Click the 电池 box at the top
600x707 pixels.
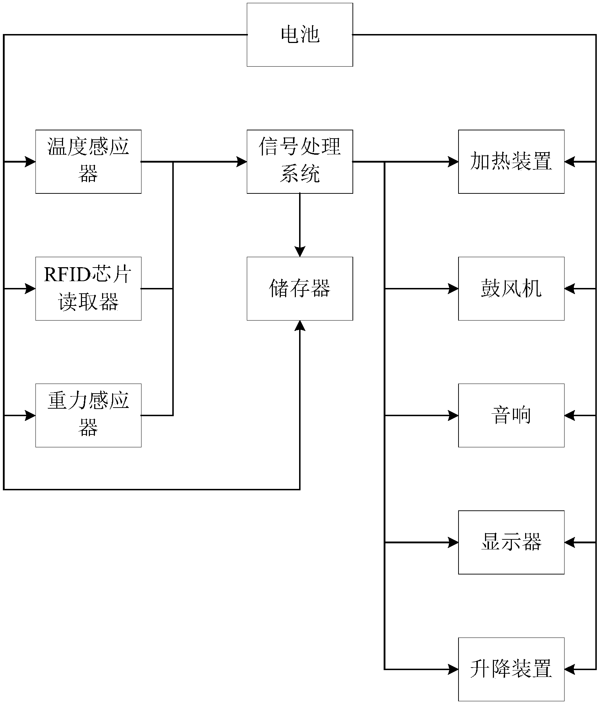300,35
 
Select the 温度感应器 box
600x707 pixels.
88,162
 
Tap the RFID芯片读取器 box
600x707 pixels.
88,288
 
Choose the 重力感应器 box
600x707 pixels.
88,415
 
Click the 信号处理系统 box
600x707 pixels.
300,162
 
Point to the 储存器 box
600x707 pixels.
300,288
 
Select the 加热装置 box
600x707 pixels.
511,162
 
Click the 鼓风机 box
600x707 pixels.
511,288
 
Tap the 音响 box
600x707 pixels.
511,415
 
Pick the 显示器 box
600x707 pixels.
511,542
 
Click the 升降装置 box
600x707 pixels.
511,669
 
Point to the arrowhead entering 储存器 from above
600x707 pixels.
300,252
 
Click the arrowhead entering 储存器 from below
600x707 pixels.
300,326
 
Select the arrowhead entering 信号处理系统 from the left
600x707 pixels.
242,162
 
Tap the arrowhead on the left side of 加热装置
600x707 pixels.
453,162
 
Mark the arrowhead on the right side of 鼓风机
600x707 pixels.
570,288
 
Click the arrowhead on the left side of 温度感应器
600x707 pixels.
30,162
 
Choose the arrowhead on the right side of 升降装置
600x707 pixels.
570,669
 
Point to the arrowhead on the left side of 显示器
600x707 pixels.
453,543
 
